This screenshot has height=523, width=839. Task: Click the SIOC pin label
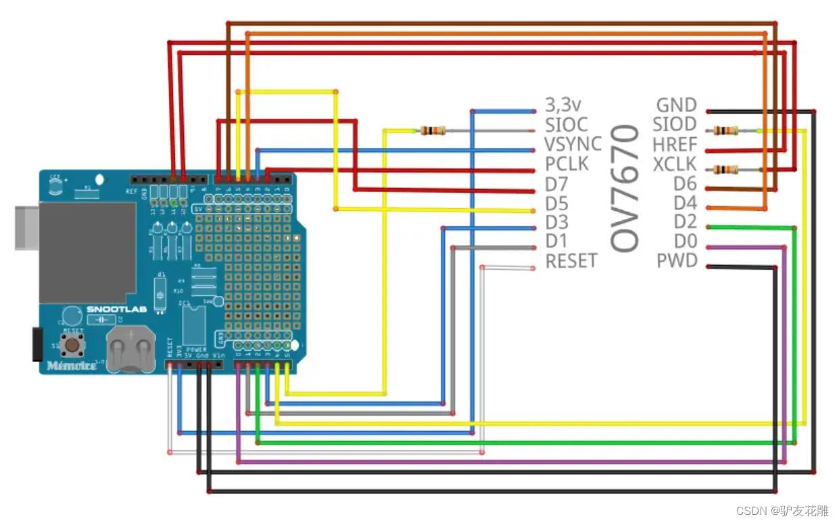(x=567, y=124)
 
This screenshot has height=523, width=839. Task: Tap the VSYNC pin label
(x=573, y=144)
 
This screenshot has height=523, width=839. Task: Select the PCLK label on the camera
(x=567, y=164)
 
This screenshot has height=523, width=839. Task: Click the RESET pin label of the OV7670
(x=571, y=261)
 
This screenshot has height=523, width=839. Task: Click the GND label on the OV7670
(x=676, y=105)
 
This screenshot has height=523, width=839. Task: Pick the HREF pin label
(x=674, y=144)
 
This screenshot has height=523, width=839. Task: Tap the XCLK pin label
(x=674, y=164)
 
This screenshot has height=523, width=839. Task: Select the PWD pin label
(x=677, y=261)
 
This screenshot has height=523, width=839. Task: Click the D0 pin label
(x=685, y=241)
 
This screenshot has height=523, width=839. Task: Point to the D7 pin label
(x=557, y=183)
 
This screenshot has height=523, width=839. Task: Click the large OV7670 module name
(x=625, y=188)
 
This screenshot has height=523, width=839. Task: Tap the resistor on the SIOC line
(x=433, y=130)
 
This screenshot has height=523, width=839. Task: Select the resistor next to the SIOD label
(x=727, y=130)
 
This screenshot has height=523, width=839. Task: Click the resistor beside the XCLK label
(x=727, y=169)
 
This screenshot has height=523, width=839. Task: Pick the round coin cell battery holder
(x=130, y=349)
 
